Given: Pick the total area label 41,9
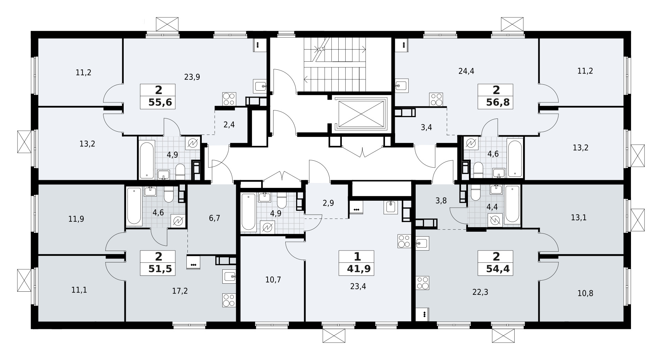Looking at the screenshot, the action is click(357, 269).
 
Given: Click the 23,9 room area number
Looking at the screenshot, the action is click(192, 77).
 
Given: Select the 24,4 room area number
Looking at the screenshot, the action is click(467, 71).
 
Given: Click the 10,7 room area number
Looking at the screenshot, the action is click(273, 279).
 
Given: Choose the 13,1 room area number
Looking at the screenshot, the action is click(578, 218).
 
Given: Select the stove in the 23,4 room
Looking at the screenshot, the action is click(404, 241).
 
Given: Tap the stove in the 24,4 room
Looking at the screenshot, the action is click(436, 99).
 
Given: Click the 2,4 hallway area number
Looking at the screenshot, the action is click(229, 124).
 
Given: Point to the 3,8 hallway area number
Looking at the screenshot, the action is click(441, 200).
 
